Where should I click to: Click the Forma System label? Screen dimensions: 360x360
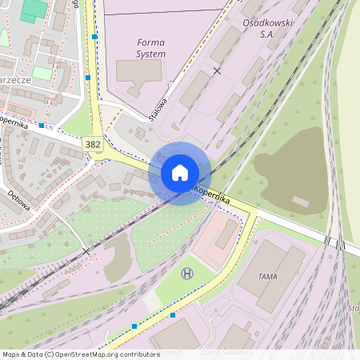point(151,48)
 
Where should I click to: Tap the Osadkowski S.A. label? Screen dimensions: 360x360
point(267,29)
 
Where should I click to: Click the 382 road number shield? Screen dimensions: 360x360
point(92,142)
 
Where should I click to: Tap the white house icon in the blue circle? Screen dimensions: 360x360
point(180,173)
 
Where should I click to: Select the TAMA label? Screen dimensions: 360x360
point(268,276)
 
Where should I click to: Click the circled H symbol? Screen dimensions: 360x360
point(187,274)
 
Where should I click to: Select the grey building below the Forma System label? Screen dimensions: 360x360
point(138,70)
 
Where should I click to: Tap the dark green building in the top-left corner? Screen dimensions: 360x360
point(34,10)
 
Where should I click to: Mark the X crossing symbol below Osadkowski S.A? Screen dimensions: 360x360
point(217,71)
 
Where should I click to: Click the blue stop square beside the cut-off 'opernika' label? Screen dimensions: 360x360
point(42,126)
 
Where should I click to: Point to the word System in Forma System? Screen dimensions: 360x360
point(151,54)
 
